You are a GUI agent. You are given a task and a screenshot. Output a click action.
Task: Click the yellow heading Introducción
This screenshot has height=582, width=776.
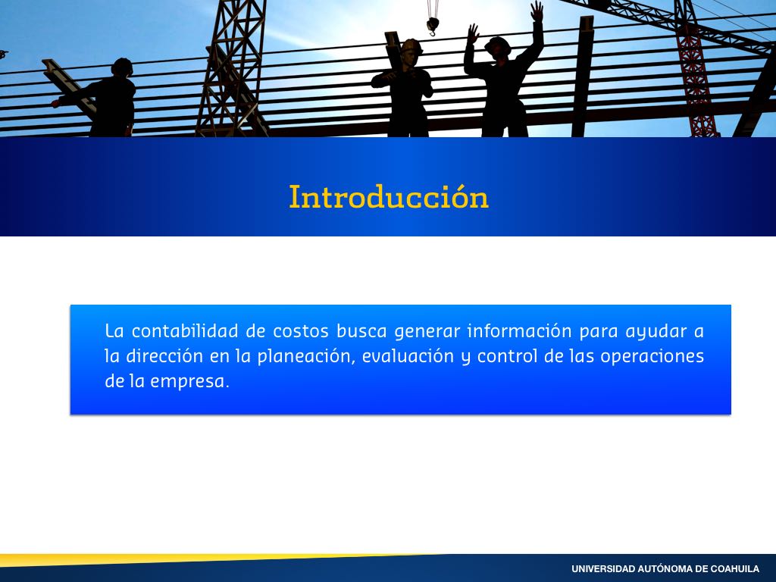[389, 196]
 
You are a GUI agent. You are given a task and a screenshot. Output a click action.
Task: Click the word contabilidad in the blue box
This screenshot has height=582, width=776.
[185, 330]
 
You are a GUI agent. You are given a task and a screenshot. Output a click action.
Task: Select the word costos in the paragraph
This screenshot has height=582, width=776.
[301, 331]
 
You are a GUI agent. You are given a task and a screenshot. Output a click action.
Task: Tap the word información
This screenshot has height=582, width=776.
[520, 330]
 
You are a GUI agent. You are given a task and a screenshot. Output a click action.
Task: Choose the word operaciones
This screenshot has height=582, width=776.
[652, 356]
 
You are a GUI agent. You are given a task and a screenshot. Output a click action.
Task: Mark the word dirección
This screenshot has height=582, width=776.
[164, 356]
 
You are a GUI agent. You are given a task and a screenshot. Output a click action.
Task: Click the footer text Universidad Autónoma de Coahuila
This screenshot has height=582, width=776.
[665, 568]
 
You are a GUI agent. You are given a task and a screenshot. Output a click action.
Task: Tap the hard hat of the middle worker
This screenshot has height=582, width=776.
[411, 46]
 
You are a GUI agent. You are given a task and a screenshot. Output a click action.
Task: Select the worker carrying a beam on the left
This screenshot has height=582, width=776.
[104, 98]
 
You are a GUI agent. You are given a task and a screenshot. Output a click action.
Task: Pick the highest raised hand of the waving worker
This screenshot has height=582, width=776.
[537, 11]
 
